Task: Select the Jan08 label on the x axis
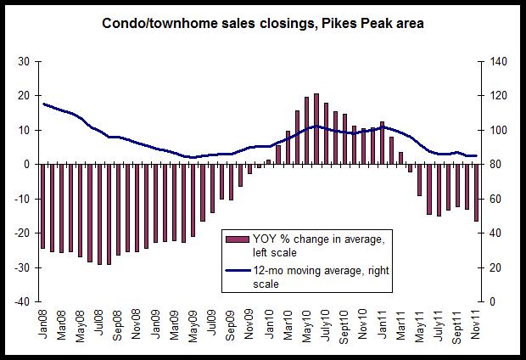[x=42, y=327]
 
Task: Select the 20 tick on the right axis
[x=493, y=267]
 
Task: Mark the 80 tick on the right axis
[x=493, y=164]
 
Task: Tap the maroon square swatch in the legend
[x=229, y=236]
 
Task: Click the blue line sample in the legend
[x=229, y=272]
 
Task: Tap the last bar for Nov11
[x=476, y=193]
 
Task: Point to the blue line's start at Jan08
[x=42, y=104]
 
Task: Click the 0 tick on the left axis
[x=28, y=164]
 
